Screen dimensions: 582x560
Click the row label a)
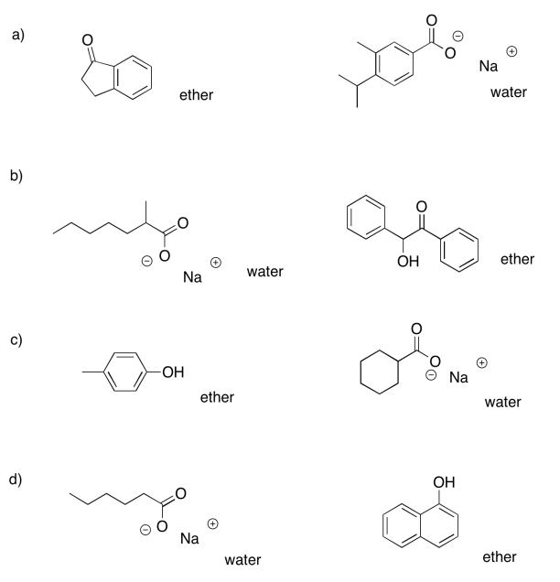[x=16, y=36]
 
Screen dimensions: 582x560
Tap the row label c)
[x=16, y=340]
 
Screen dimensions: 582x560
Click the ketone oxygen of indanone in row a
[x=87, y=40]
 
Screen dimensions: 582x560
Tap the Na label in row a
[x=490, y=66]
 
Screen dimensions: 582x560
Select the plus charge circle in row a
[x=512, y=52]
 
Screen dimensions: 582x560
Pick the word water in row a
[x=509, y=92]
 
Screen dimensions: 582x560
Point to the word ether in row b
[x=517, y=259]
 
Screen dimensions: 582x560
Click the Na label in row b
[x=192, y=277]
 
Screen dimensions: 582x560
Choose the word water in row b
[x=264, y=271]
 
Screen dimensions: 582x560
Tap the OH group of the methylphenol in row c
[x=172, y=372]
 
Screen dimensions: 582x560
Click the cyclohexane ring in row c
[x=380, y=376]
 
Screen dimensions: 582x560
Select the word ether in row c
[x=217, y=396]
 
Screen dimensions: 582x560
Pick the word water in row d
[x=242, y=559]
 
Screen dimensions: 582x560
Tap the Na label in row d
[x=189, y=538]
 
